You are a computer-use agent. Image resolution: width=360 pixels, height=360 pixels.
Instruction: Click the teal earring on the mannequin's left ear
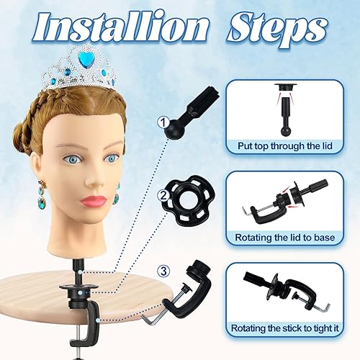[x=117, y=194]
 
